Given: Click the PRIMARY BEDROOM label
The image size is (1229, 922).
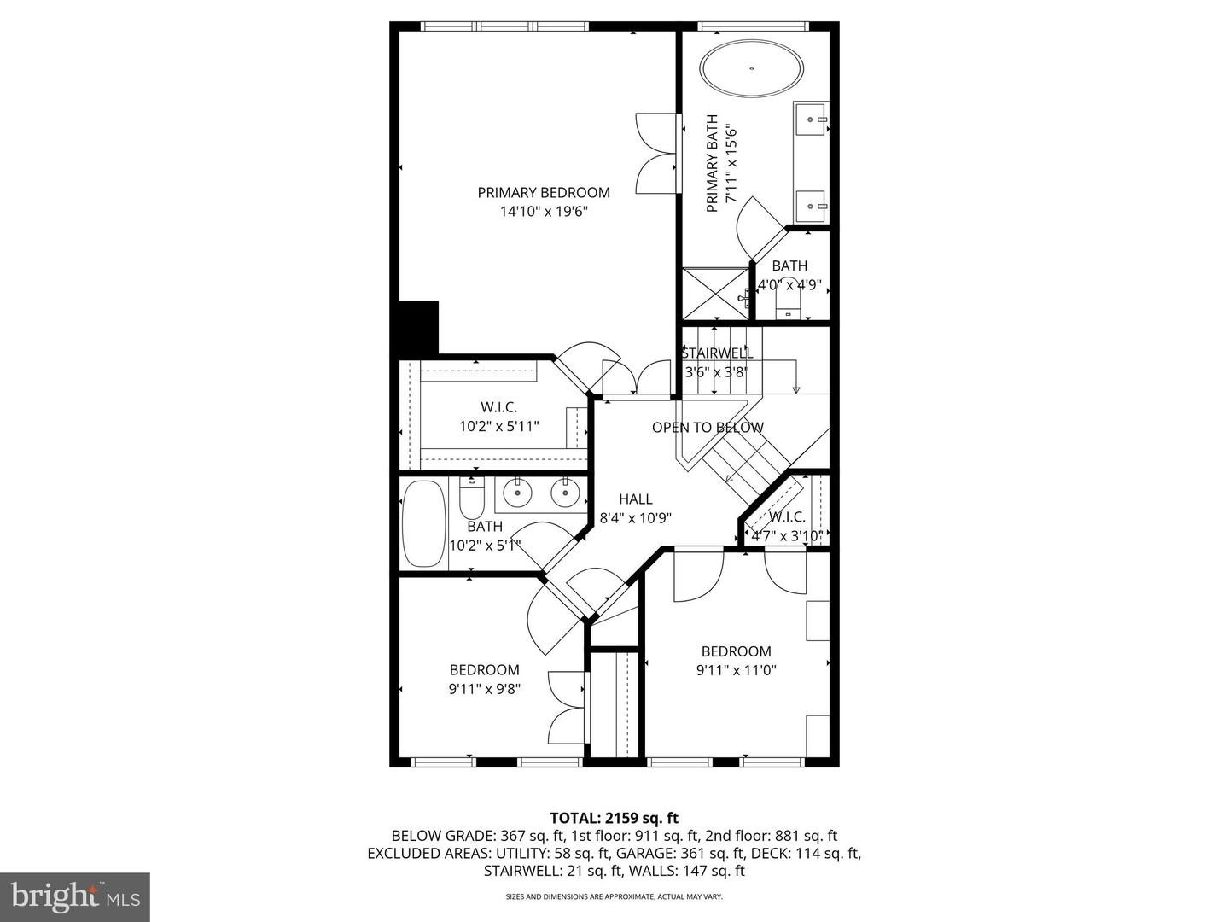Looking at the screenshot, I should point(544,193).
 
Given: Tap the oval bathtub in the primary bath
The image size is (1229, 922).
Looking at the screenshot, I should point(752,68).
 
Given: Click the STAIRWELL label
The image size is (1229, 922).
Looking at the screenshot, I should point(717,353).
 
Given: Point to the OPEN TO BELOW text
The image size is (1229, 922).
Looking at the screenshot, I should point(708,427).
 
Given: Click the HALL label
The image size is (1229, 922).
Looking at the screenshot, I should point(636,499).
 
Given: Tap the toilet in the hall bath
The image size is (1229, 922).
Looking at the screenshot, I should point(472,498).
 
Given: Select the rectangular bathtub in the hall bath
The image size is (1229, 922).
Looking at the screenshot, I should point(423,524).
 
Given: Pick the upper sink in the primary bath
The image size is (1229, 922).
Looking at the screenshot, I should point(811,120).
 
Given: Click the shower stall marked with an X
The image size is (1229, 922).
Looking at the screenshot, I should point(715,295).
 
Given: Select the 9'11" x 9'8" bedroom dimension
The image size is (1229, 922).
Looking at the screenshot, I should point(485,689).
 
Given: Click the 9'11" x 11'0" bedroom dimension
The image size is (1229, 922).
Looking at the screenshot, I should point(736,670).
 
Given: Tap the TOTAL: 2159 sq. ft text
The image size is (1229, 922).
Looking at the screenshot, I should point(614,818).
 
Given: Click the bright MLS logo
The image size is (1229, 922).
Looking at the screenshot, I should point(74,896).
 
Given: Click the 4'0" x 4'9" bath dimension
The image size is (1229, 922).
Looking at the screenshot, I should point(789,285).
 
